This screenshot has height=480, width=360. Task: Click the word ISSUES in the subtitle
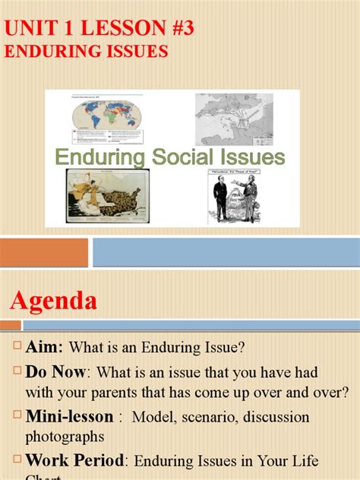coord(136,51)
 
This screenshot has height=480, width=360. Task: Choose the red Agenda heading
coord(54,301)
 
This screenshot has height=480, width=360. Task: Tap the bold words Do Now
coord(57,373)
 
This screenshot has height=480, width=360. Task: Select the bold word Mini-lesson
coord(69,417)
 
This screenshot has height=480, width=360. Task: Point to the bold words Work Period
coord(77,460)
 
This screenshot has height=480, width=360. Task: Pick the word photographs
coord(64,437)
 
